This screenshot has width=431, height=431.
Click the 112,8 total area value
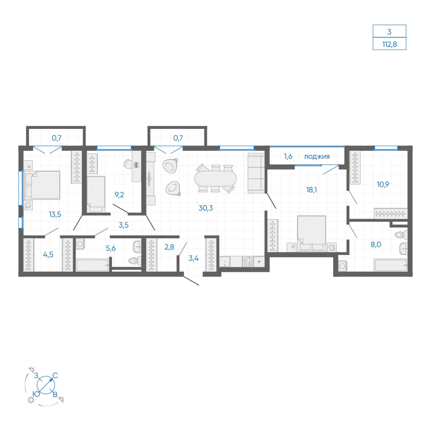coord(389,44)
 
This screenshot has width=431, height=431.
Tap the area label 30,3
coord(206,208)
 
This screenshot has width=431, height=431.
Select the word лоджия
coord(317,157)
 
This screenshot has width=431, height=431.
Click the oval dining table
coord(215,179)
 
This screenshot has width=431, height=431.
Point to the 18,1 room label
coord(312,190)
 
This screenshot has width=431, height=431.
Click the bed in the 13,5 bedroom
coord(42,185)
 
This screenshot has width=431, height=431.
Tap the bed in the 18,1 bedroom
coord(312,233)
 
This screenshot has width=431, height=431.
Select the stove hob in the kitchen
coord(248,261)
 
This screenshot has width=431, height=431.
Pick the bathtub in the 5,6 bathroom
coord(92,265)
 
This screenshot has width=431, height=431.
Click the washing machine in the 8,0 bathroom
coord(343,266)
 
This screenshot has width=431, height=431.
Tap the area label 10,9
coord(383,184)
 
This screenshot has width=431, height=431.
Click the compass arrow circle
coord(46,385)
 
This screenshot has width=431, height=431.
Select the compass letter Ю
coord(36,394)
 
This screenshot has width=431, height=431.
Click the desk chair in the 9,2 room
coord(128,164)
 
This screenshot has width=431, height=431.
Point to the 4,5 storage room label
coord(48,255)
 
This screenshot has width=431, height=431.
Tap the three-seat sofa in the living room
coord(256,173)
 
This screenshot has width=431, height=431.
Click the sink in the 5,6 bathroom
coord(137,247)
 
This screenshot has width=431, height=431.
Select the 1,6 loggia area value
coord(288,156)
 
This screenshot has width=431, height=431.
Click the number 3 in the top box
coord(389,31)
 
